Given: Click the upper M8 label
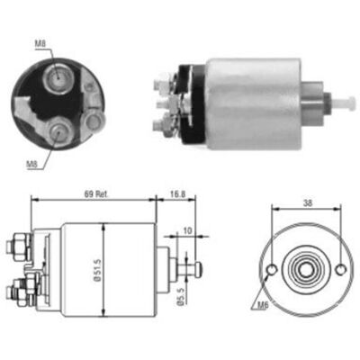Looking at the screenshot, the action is pos(40,44).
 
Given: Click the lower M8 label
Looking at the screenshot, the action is pos(31,164).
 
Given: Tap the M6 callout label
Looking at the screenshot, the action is pos(263,305).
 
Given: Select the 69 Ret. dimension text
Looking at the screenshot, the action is pos(95,193).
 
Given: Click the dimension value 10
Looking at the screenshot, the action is pos(187,230).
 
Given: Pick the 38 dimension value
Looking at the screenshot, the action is pos(308,203).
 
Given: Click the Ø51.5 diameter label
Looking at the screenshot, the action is pos(96,271).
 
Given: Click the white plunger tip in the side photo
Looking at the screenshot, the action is pos(347,103).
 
